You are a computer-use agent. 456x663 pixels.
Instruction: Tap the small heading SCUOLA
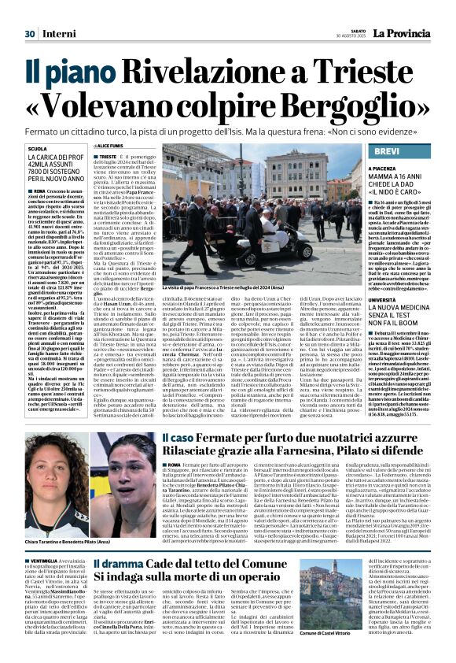coord(36,149)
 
